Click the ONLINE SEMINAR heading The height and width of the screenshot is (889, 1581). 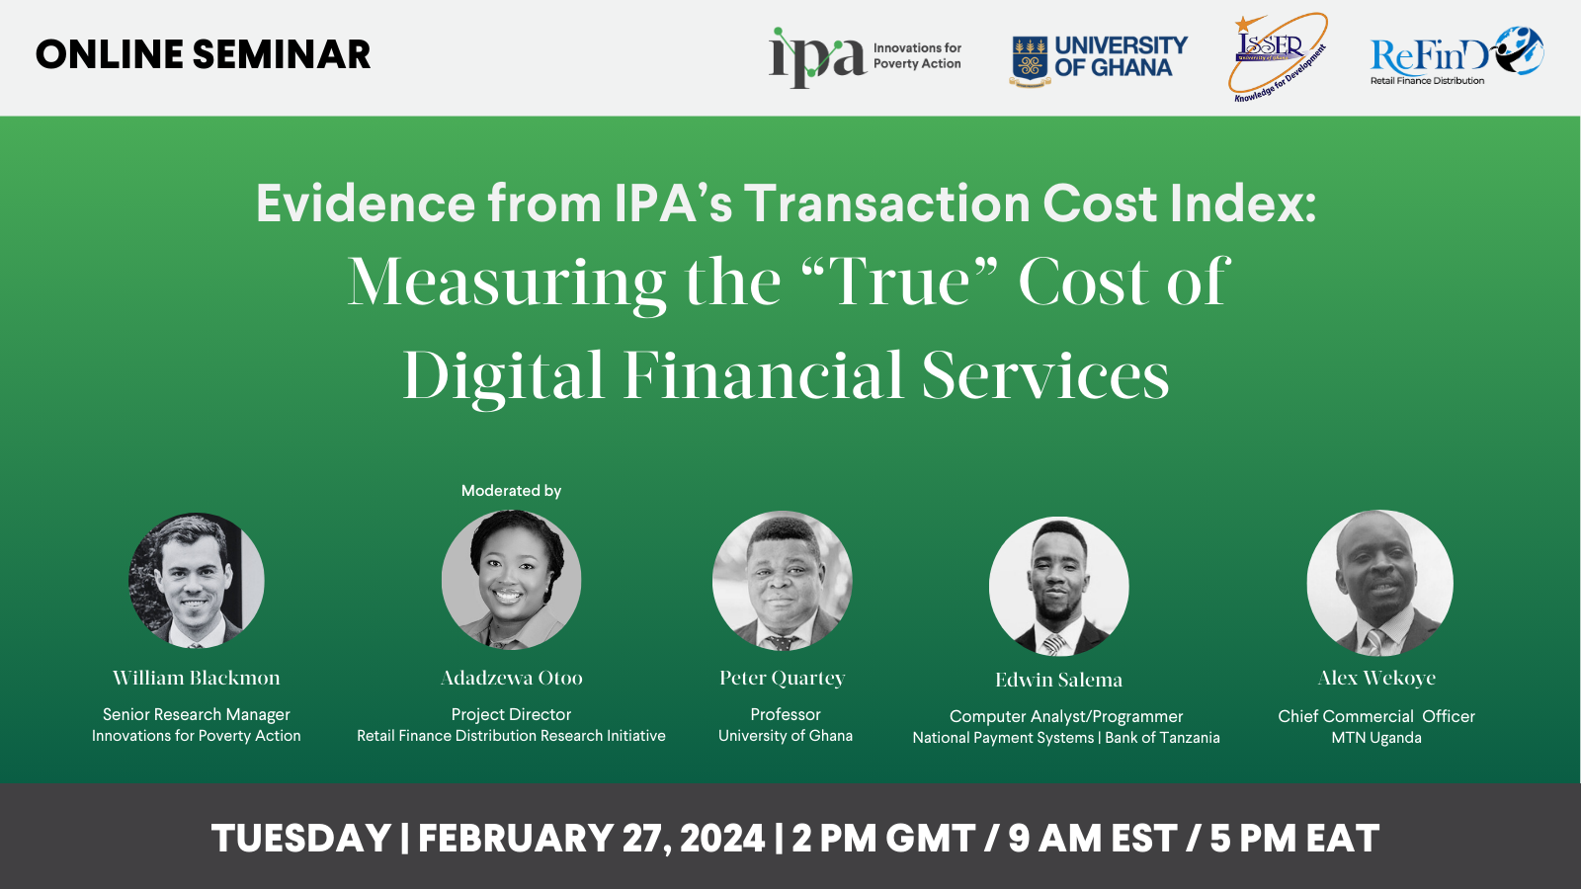(x=204, y=54)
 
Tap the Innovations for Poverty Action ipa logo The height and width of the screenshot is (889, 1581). (x=866, y=57)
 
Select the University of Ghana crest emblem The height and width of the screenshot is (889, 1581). (x=1030, y=60)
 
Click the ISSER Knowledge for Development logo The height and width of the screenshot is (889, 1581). (x=1279, y=57)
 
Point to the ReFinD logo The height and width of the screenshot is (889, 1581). (x=1456, y=55)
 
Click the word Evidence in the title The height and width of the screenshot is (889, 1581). (x=366, y=203)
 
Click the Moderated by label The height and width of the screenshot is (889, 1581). (x=511, y=490)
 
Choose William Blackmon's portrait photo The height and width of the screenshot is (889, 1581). (x=197, y=580)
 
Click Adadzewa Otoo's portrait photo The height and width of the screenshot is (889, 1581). (x=511, y=579)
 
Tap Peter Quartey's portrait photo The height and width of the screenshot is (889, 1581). (x=782, y=580)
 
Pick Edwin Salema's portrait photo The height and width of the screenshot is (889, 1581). (x=1058, y=586)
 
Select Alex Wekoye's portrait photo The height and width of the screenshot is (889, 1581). (x=1379, y=583)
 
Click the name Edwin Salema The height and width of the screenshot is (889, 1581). (x=1058, y=680)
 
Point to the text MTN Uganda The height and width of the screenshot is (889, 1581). (x=1376, y=738)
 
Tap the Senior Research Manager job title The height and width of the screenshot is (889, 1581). (x=197, y=715)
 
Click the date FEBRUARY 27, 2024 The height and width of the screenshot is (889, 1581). (x=592, y=839)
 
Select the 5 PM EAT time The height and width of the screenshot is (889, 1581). (x=1294, y=839)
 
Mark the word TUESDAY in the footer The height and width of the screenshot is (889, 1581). (x=301, y=839)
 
